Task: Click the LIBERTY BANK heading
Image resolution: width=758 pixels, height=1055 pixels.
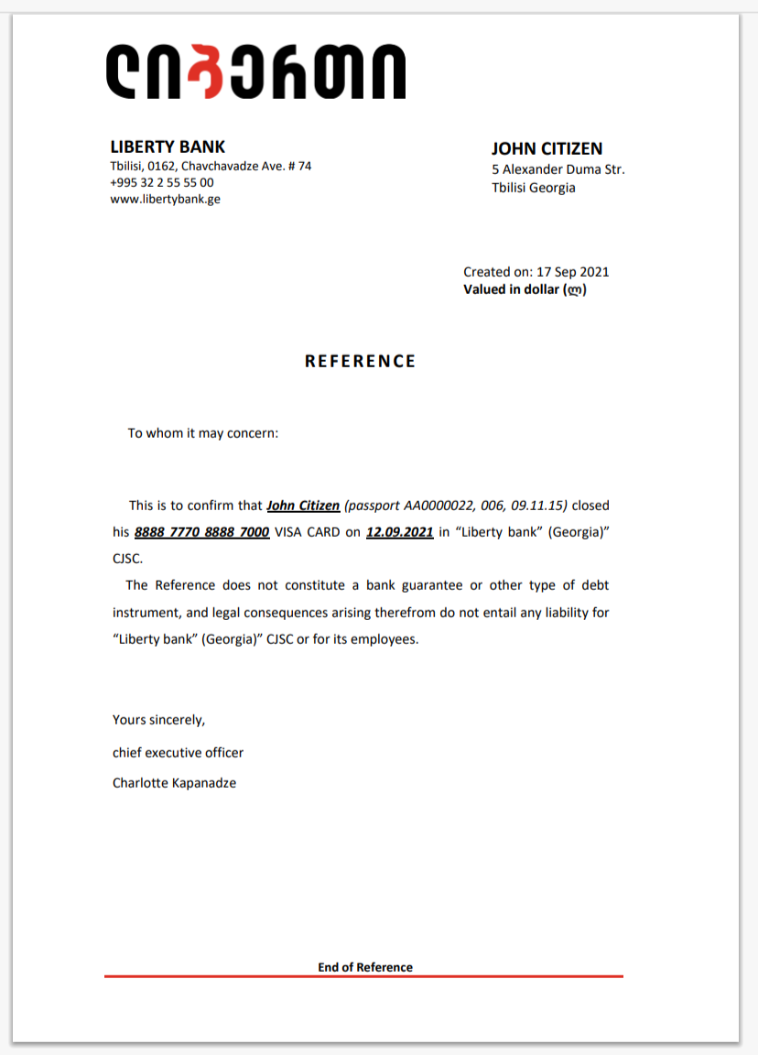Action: [x=168, y=147]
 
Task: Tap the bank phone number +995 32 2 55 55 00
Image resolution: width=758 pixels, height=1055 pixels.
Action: [x=162, y=182]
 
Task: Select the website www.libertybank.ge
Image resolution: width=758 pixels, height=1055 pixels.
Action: [x=165, y=199]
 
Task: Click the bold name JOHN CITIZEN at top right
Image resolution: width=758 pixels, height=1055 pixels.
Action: [x=547, y=148]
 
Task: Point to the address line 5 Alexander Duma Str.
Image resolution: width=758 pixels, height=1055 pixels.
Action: [x=558, y=169]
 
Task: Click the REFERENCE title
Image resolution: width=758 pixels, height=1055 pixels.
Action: [x=360, y=361]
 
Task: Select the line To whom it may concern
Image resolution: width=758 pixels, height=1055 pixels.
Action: [x=202, y=432]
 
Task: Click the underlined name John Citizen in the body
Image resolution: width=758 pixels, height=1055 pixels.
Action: [x=303, y=505]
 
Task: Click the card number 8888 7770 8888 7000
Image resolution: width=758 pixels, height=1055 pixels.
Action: [x=201, y=531]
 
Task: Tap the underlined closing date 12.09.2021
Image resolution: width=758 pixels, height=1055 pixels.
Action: [x=399, y=531]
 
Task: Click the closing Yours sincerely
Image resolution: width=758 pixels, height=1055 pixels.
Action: [x=158, y=720]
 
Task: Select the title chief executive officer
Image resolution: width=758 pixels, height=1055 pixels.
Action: [x=178, y=753]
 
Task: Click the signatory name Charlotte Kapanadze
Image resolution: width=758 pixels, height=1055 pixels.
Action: [x=174, y=783]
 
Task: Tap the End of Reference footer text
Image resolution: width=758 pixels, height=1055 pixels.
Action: [x=365, y=967]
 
